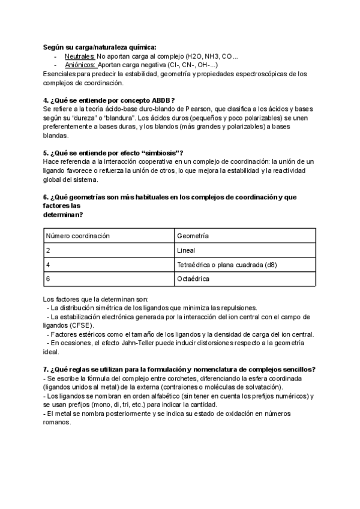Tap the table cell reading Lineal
[186, 250]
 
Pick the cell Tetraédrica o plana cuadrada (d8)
[227, 265]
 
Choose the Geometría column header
[193, 236]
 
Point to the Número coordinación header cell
[78, 236]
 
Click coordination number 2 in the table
[48, 250]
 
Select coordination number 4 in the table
[48, 265]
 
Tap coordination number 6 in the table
[48, 279]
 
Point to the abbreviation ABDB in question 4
[160, 100]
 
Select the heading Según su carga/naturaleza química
[100, 47]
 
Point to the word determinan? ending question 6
[63, 214]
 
